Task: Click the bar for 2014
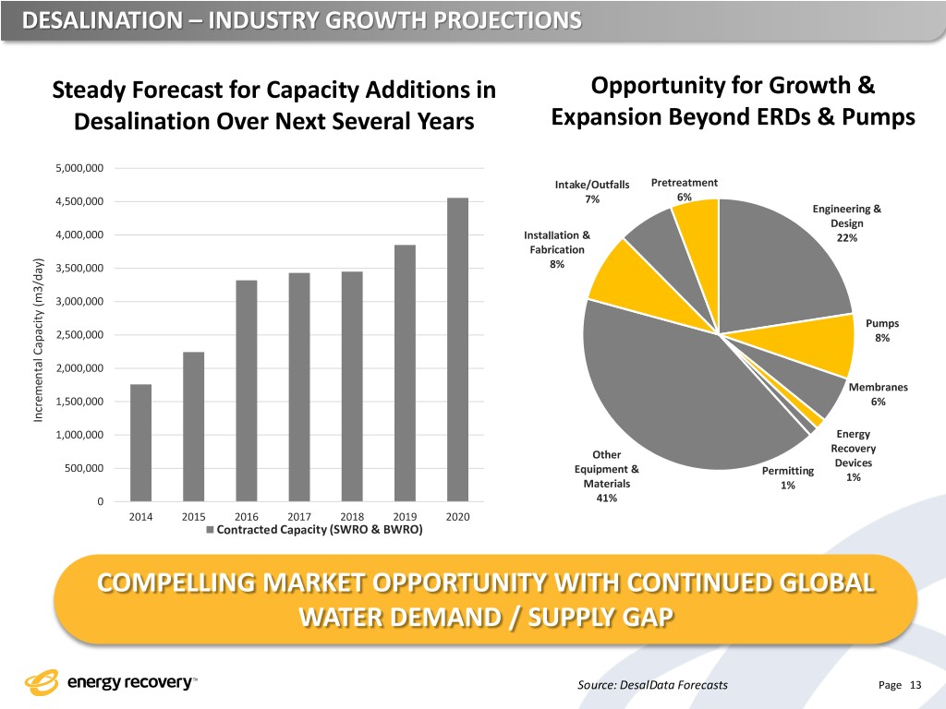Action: pyautogui.click(x=140, y=442)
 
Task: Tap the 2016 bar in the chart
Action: pyautogui.click(x=246, y=390)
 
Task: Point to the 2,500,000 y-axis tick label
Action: pyautogui.click(x=80, y=335)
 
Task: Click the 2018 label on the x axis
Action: pyautogui.click(x=352, y=516)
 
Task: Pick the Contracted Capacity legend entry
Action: pyautogui.click(x=313, y=530)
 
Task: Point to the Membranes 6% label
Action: pyautogui.click(x=877, y=394)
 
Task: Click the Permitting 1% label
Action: pyautogui.click(x=787, y=478)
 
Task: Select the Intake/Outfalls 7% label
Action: pyautogui.click(x=591, y=191)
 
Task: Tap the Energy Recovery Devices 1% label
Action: pyautogui.click(x=853, y=456)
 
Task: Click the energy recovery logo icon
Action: pyautogui.click(x=41, y=683)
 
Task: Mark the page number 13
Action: pyautogui.click(x=916, y=684)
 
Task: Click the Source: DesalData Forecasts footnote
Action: pyautogui.click(x=651, y=684)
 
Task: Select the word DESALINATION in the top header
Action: pyautogui.click(x=87, y=19)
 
